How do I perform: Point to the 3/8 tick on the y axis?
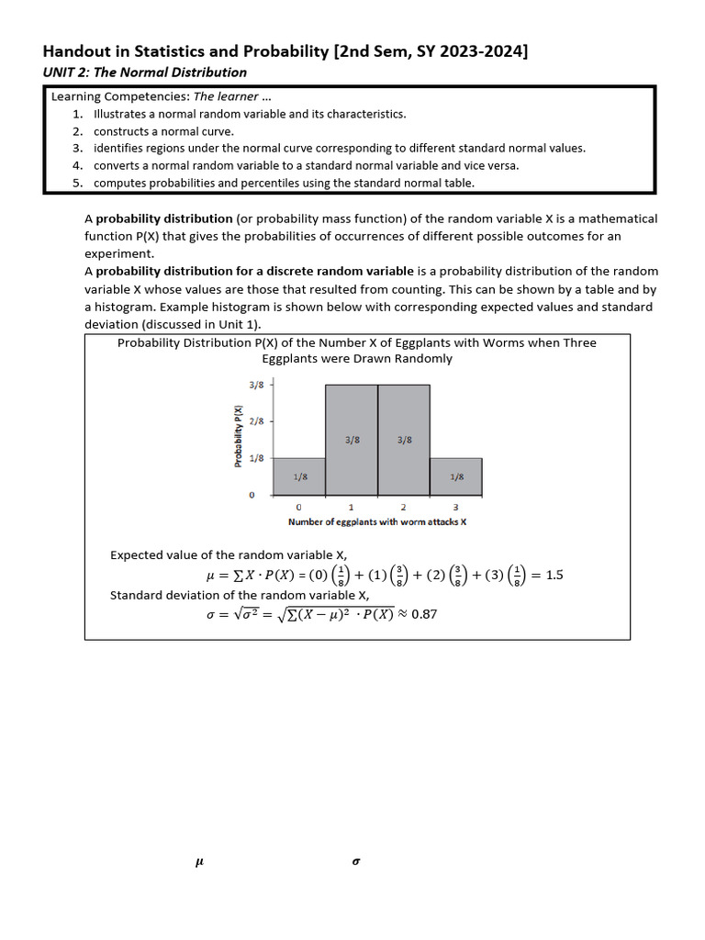click(257, 385)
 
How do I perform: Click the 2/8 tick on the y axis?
click(257, 421)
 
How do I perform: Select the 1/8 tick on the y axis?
click(257, 458)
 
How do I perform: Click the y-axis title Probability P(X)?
click(239, 436)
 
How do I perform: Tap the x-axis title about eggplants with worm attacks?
click(377, 521)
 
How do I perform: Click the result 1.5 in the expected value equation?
click(554, 576)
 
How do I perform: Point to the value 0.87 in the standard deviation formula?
click(424, 614)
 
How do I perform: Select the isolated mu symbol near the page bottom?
click(199, 862)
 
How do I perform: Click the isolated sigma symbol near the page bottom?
click(355, 862)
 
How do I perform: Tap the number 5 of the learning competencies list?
click(78, 183)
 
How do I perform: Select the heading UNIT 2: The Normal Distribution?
click(145, 73)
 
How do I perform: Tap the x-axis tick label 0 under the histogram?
click(298, 507)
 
